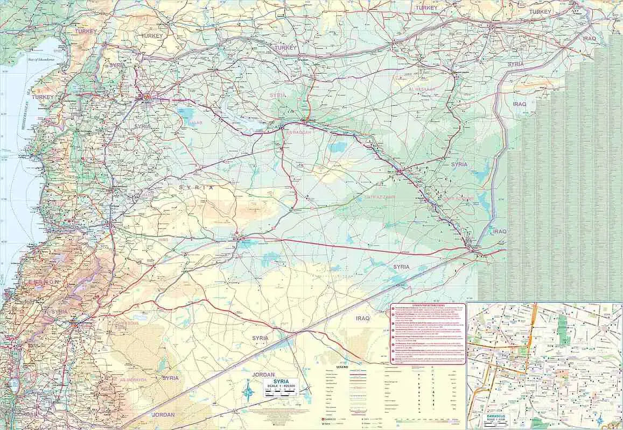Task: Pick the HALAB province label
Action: (191, 122)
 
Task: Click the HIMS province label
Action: (164, 239)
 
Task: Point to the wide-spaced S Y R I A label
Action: (197, 188)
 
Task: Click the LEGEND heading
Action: (342, 367)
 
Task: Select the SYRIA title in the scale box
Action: (281, 381)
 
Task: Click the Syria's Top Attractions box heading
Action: (428, 305)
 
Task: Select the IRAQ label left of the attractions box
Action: (363, 319)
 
